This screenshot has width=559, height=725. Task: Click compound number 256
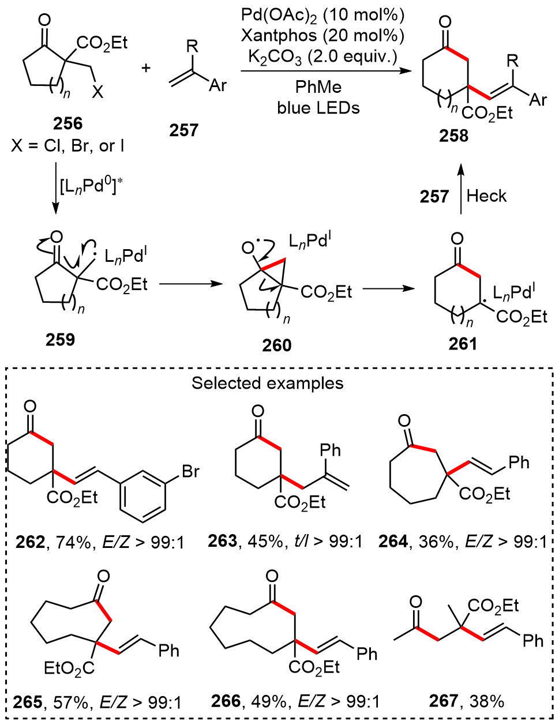pyautogui.click(x=67, y=123)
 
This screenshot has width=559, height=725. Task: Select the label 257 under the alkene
pyautogui.click(x=183, y=130)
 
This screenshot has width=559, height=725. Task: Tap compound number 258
pyautogui.click(x=453, y=136)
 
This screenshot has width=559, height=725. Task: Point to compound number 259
pyautogui.click(x=60, y=339)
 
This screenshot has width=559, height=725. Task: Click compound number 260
pyautogui.click(x=277, y=345)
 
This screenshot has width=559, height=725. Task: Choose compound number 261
pyautogui.click(x=463, y=344)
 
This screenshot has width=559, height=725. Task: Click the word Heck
pyautogui.click(x=486, y=196)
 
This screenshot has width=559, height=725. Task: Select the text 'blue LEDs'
pyautogui.click(x=318, y=107)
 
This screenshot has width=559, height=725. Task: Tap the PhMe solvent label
pyautogui.click(x=318, y=87)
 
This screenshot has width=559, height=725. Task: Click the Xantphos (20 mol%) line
pyautogui.click(x=322, y=36)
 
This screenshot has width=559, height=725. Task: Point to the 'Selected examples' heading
pyautogui.click(x=268, y=383)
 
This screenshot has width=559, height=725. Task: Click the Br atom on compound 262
pyautogui.click(x=190, y=471)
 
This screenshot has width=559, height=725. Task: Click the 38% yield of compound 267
pyautogui.click(x=487, y=701)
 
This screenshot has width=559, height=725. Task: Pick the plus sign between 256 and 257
pyautogui.click(x=146, y=68)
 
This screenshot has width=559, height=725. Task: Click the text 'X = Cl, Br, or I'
pyautogui.click(x=67, y=146)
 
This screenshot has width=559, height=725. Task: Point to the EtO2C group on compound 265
pyautogui.click(x=69, y=668)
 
